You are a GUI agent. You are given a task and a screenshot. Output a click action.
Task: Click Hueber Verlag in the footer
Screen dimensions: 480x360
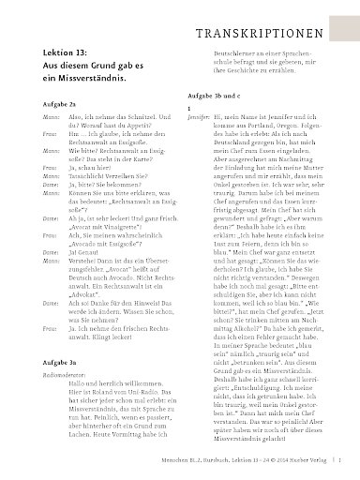pyautogui.click(x=312, y=461)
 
